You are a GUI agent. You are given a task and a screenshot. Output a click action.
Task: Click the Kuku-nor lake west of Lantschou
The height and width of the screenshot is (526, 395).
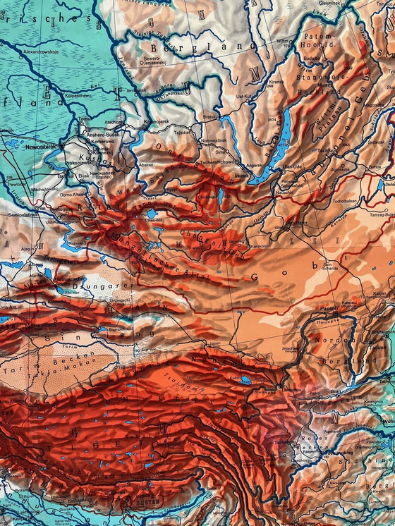245,380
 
